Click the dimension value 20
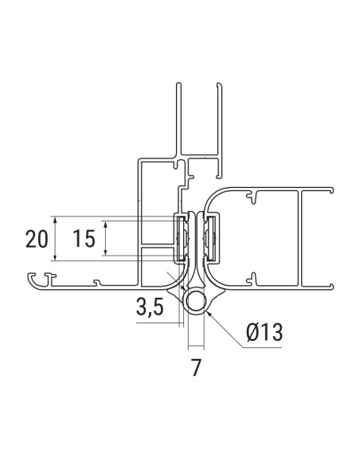(36, 239)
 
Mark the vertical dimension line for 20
(54, 239)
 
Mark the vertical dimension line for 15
(106, 239)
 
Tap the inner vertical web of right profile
(302, 236)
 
